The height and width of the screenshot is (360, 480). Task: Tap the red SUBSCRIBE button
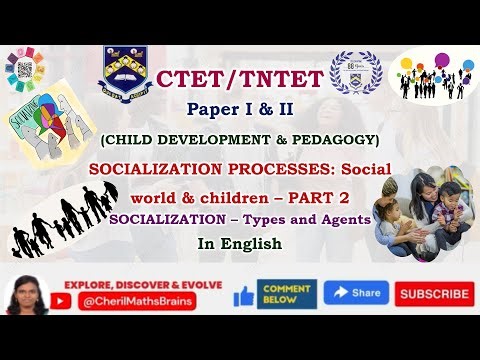[434, 294]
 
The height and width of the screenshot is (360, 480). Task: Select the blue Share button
[355, 293]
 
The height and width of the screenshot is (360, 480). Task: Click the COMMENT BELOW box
[288, 293]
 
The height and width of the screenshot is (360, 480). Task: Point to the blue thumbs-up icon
[243, 295]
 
